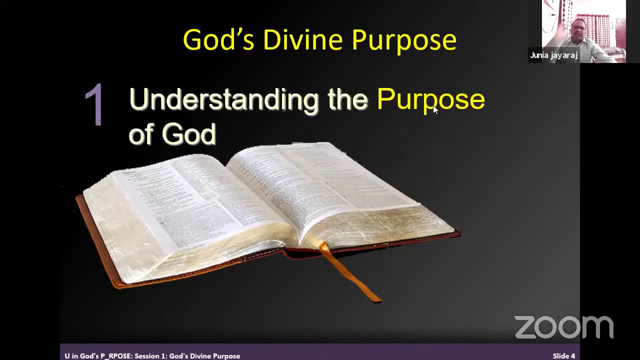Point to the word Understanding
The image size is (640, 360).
tap(223, 99)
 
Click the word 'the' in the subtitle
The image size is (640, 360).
tap(347, 99)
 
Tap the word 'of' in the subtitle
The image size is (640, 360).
tap(140, 134)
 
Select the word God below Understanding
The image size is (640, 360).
tap(188, 134)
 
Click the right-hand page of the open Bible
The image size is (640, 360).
tap(325, 190)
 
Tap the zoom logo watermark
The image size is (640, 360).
tap(563, 327)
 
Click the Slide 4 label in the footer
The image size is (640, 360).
tap(563, 356)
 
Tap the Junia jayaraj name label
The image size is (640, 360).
tap(553, 55)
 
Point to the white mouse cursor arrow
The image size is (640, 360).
tap(434, 109)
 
